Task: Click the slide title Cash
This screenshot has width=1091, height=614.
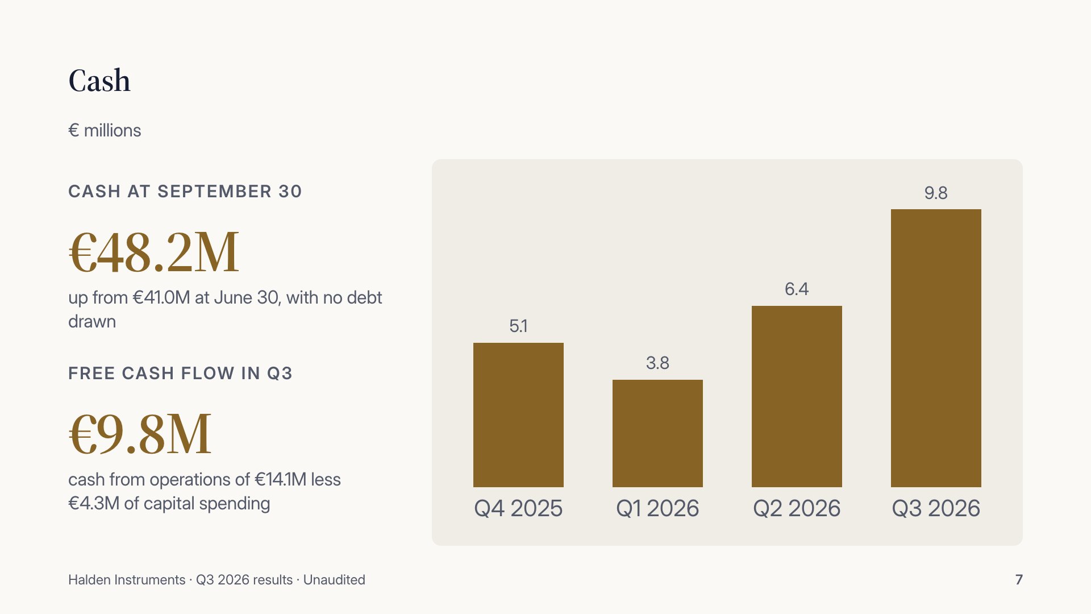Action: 99,80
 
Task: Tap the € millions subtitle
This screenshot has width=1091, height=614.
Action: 105,130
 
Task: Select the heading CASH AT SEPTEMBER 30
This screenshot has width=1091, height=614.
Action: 185,191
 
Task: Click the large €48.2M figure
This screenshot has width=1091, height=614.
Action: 153,252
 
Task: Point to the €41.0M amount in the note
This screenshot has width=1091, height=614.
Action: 161,297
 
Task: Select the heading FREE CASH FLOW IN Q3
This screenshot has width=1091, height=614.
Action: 180,373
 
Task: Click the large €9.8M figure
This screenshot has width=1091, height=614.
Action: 140,434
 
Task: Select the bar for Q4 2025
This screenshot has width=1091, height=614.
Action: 518,415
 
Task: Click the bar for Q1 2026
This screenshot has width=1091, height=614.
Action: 657,433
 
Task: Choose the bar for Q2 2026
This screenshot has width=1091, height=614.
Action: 797,396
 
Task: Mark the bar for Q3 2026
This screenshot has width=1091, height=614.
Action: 936,348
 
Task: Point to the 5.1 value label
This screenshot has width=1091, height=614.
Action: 518,326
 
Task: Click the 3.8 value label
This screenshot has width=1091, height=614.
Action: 657,363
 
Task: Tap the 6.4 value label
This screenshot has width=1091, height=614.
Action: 797,289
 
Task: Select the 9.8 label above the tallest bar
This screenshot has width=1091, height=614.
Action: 936,193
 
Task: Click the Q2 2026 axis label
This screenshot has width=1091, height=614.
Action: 797,508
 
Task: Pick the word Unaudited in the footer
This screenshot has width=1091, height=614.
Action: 334,580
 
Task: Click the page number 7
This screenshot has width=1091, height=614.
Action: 1019,580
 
